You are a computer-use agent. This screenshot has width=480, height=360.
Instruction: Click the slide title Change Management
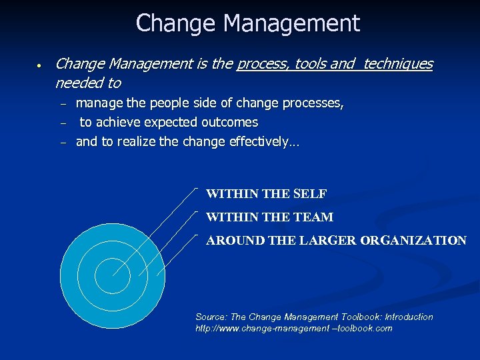[x=247, y=23]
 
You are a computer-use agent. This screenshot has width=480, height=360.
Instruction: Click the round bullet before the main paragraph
[x=40, y=66]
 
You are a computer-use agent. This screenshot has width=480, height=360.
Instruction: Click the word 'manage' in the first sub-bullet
[x=99, y=103]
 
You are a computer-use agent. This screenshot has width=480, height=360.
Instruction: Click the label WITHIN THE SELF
[x=266, y=195]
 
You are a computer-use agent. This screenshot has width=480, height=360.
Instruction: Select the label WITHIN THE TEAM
[x=269, y=217]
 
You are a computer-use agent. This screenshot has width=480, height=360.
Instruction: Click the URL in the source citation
[x=293, y=329]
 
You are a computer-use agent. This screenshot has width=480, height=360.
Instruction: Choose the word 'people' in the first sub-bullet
[x=167, y=103]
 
